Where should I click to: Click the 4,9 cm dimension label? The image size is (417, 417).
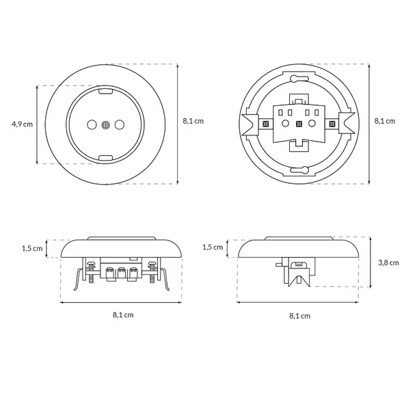(x=22, y=124)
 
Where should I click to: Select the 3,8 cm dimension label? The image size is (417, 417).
(x=388, y=263)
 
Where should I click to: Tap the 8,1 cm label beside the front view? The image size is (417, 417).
(x=193, y=121)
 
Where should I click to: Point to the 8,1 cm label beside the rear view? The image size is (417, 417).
(x=385, y=121)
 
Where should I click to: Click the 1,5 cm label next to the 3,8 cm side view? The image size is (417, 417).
(x=213, y=247)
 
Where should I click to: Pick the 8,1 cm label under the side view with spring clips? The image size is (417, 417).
(x=123, y=315)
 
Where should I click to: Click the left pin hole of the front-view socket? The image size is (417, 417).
(x=92, y=124)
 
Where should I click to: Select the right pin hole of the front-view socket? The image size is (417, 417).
(x=120, y=124)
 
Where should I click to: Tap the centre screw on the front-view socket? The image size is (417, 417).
(x=105, y=124)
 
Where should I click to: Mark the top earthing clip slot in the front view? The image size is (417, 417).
(x=105, y=91)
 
